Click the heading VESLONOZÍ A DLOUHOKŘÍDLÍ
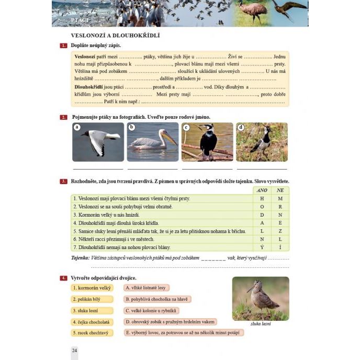click(115, 35)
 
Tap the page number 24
click(74, 350)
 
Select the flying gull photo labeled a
click(98, 142)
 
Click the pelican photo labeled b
click(153, 142)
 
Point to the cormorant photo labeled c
click(207, 142)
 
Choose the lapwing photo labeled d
click(262, 142)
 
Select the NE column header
click(280, 190)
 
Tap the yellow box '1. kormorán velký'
click(92, 288)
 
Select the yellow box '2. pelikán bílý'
click(92, 299)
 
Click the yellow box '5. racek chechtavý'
click(92, 333)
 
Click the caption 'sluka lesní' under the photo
click(260, 324)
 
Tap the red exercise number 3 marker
click(63, 182)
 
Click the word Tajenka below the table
click(80, 258)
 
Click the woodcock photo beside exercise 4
click(260, 298)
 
